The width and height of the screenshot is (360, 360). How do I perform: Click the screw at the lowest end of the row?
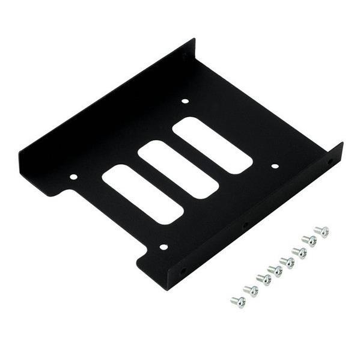tap(238, 301)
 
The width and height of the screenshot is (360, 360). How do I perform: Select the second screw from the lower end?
tap(251, 291)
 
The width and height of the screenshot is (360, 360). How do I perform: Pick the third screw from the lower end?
tap(263, 279)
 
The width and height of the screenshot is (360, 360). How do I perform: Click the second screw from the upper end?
tap(310, 240)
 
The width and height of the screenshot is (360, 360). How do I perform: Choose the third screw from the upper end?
tap(299, 252)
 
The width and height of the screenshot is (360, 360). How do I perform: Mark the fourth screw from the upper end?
tap(287, 261)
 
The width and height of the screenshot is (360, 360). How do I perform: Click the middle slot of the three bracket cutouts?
tap(177, 169)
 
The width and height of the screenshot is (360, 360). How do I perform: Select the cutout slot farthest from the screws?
tap(142, 194)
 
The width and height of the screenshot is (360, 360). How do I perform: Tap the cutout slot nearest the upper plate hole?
tap(212, 145)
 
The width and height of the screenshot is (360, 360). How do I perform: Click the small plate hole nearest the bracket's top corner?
tap(185, 101)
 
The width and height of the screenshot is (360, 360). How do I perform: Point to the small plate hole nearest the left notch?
tap(73, 177)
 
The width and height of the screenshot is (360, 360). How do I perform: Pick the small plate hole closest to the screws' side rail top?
tap(275, 166)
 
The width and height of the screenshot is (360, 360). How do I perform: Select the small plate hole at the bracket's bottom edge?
tap(163, 246)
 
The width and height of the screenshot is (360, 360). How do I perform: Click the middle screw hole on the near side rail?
tap(245, 227)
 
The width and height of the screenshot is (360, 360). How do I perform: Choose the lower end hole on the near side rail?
tap(183, 272)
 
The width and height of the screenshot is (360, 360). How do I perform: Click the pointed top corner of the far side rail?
tap(194, 40)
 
